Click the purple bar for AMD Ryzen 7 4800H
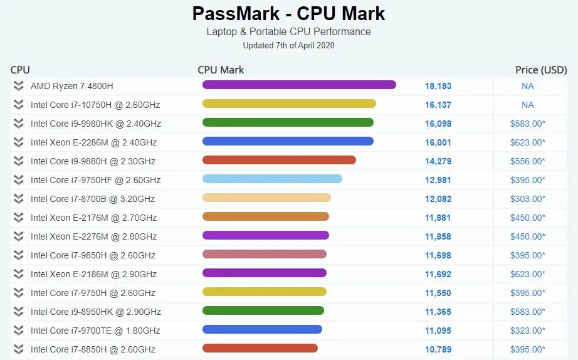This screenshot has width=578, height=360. pos(299,85)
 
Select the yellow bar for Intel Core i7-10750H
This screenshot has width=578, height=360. pos(289,103)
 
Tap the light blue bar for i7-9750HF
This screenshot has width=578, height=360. pos(272,179)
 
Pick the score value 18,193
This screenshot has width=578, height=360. pos(438,86)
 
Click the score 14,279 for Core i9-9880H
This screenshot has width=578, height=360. pos(438,161)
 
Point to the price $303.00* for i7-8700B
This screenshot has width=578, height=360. pos(527,199)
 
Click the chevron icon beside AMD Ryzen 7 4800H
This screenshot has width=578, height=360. pos(19,86)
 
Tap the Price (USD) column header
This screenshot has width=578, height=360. pos(540,70)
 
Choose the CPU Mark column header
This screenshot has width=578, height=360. pos(221,70)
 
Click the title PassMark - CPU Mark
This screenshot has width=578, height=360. pos(288,13)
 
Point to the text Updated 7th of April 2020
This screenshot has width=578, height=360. pos(288,45)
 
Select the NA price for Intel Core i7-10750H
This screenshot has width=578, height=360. pos(527,105)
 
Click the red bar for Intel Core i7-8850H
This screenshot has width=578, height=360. pos(260,348)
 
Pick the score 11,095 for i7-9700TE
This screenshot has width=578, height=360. pos(438,331)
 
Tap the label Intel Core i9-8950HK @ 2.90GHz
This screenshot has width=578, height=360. pos(95,312)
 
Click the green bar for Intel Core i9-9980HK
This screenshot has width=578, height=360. pos(288,122)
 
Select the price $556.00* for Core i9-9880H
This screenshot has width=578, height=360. pos(527,161)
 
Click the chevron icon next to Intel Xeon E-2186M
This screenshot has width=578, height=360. pos(19,274)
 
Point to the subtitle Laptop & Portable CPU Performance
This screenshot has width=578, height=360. pos(288,31)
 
